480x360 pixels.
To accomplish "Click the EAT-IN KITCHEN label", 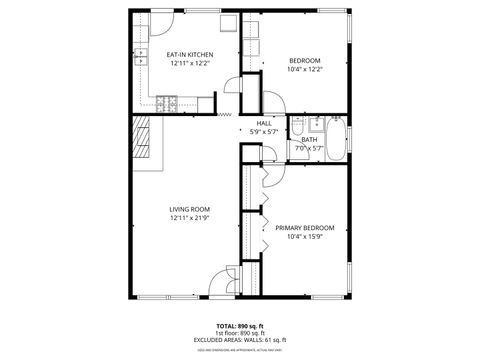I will coord(188,55).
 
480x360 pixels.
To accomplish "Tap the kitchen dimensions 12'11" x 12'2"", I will coord(188,64).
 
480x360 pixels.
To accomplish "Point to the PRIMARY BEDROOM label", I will coord(304,227).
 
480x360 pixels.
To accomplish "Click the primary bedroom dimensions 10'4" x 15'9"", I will coord(304,236).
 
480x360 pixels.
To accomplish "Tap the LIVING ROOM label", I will coord(188,209).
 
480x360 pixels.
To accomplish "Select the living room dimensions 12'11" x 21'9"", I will coord(188,218).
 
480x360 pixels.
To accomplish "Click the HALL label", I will coord(264,123).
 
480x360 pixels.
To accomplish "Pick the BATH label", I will coord(309,140).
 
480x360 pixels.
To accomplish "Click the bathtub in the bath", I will coord(338,139).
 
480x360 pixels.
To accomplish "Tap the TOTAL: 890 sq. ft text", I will coord(240,325).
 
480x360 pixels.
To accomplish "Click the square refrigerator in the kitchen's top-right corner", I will coord(229,22).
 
